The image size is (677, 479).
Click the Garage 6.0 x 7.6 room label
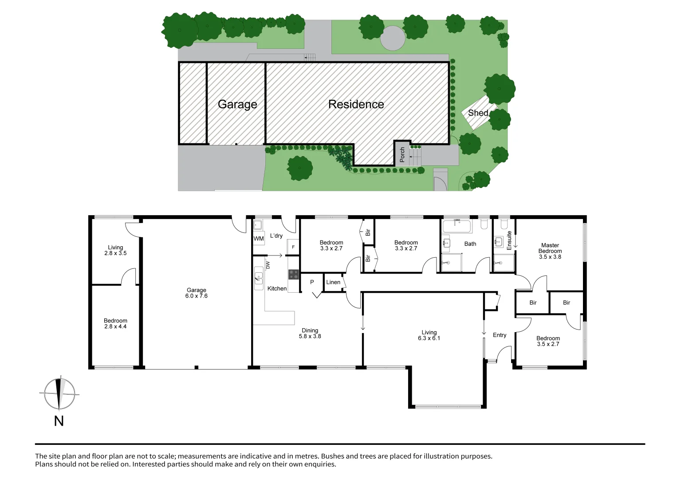pyautogui.click(x=197, y=293)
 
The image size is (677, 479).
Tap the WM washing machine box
pyautogui.click(x=259, y=239)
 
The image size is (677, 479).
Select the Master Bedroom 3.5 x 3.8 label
pyautogui.click(x=550, y=251)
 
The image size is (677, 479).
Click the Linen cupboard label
pyautogui.click(x=333, y=282)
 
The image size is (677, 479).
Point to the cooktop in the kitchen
pyautogui.click(x=293, y=275)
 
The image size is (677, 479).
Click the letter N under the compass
pyautogui.click(x=59, y=421)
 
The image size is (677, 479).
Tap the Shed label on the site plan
pyautogui.click(x=478, y=113)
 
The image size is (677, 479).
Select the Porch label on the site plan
pyautogui.click(x=402, y=154)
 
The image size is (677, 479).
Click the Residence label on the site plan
pyautogui.click(x=356, y=104)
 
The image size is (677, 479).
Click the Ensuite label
pyautogui.click(x=509, y=240)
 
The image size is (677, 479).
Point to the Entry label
pyautogui.click(x=500, y=335)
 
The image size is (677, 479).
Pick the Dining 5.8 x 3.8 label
pyautogui.click(x=310, y=333)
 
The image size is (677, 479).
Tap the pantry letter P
pyautogui.click(x=312, y=282)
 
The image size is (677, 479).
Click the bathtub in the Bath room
pyautogui.click(x=457, y=226)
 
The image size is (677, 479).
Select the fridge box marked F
pyautogui.click(x=293, y=247)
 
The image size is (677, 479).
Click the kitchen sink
pyautogui.click(x=258, y=278)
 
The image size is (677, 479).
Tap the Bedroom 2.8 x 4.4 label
pyautogui.click(x=115, y=323)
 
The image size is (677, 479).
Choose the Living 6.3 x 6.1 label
pyautogui.click(x=429, y=335)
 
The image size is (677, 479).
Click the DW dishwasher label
pyautogui.click(x=268, y=265)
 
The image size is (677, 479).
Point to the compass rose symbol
pyautogui.click(x=59, y=394)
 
